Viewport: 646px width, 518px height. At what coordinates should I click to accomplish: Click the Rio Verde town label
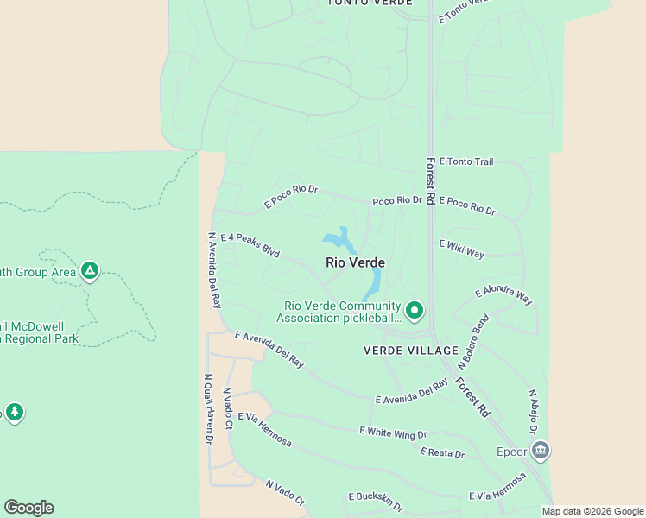pyautogui.click(x=355, y=262)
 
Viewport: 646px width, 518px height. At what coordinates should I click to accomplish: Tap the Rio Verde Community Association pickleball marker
pyautogui.click(x=415, y=310)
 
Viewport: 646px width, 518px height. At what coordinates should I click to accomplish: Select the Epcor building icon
pyautogui.click(x=541, y=450)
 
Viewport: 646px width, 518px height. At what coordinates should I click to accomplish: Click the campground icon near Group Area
pyautogui.click(x=89, y=272)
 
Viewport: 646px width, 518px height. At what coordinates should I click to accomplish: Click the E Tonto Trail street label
pyautogui.click(x=465, y=161)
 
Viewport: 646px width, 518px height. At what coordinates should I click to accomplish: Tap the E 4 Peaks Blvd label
pyautogui.click(x=250, y=245)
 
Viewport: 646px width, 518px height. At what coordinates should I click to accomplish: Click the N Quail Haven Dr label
pyautogui.click(x=208, y=407)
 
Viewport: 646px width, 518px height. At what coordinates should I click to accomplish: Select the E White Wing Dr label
pyautogui.click(x=393, y=432)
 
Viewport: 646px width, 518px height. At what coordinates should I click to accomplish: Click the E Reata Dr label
pyautogui.click(x=442, y=452)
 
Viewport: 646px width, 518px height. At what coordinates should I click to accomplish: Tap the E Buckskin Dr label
pyautogui.click(x=376, y=497)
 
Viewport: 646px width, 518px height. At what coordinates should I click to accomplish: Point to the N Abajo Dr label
pyautogui.click(x=534, y=411)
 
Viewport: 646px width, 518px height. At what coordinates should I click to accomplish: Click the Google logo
pyautogui.click(x=28, y=508)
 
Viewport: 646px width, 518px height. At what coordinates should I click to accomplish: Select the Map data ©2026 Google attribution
pyautogui.click(x=593, y=511)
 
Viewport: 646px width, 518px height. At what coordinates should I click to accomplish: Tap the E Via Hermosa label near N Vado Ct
pyautogui.click(x=264, y=429)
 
